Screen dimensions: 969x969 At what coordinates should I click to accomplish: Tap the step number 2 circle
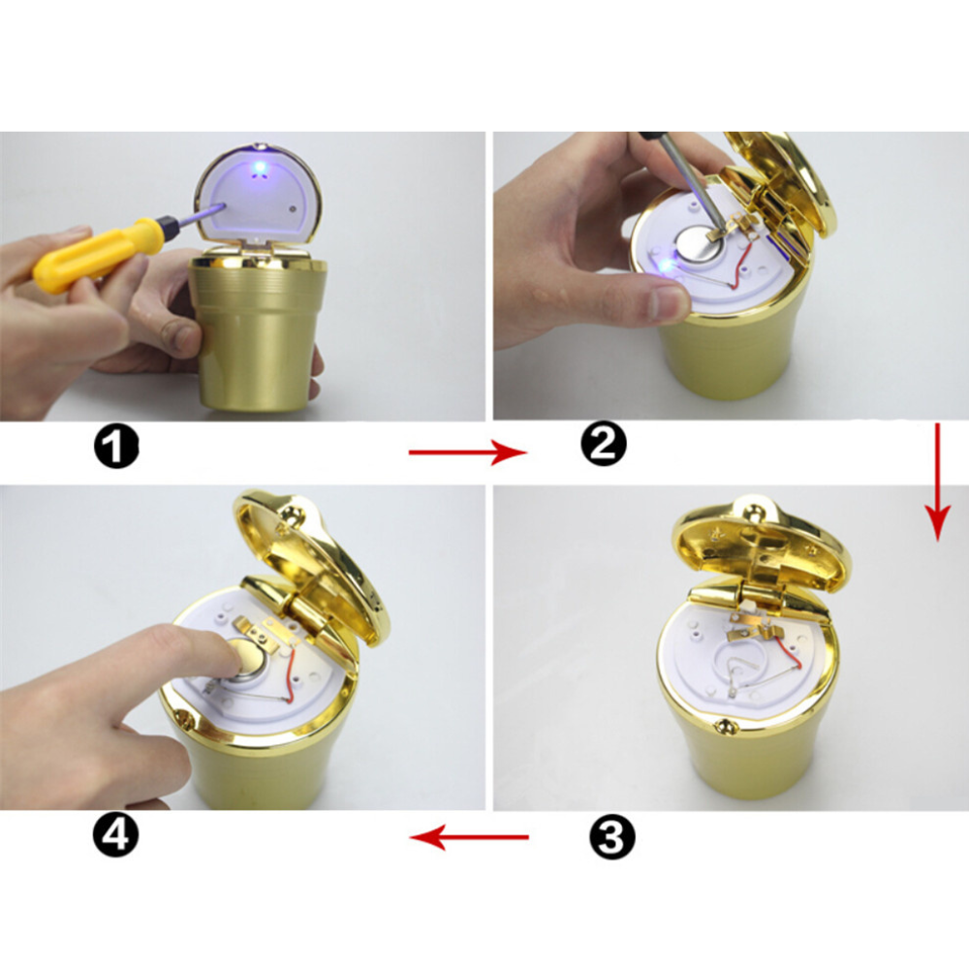603,444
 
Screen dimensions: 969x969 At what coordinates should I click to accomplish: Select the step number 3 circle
611,837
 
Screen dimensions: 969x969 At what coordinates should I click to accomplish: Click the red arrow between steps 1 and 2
468,453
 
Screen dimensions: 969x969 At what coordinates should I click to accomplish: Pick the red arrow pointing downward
937,482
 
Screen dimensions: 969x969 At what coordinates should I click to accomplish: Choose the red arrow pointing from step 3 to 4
469,837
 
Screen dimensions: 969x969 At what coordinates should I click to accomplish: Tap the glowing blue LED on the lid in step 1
260,167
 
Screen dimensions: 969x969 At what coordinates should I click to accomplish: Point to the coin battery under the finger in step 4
248,661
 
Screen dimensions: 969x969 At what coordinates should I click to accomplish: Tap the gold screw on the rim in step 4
183,718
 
